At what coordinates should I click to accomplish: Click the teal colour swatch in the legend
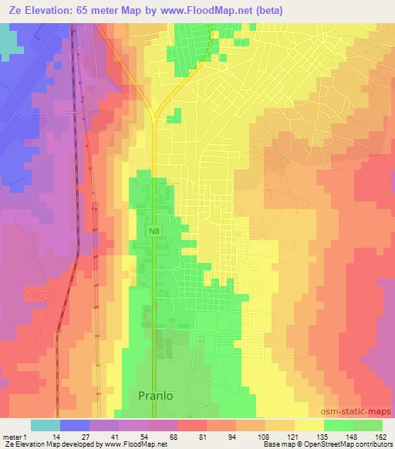pos(46,425)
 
